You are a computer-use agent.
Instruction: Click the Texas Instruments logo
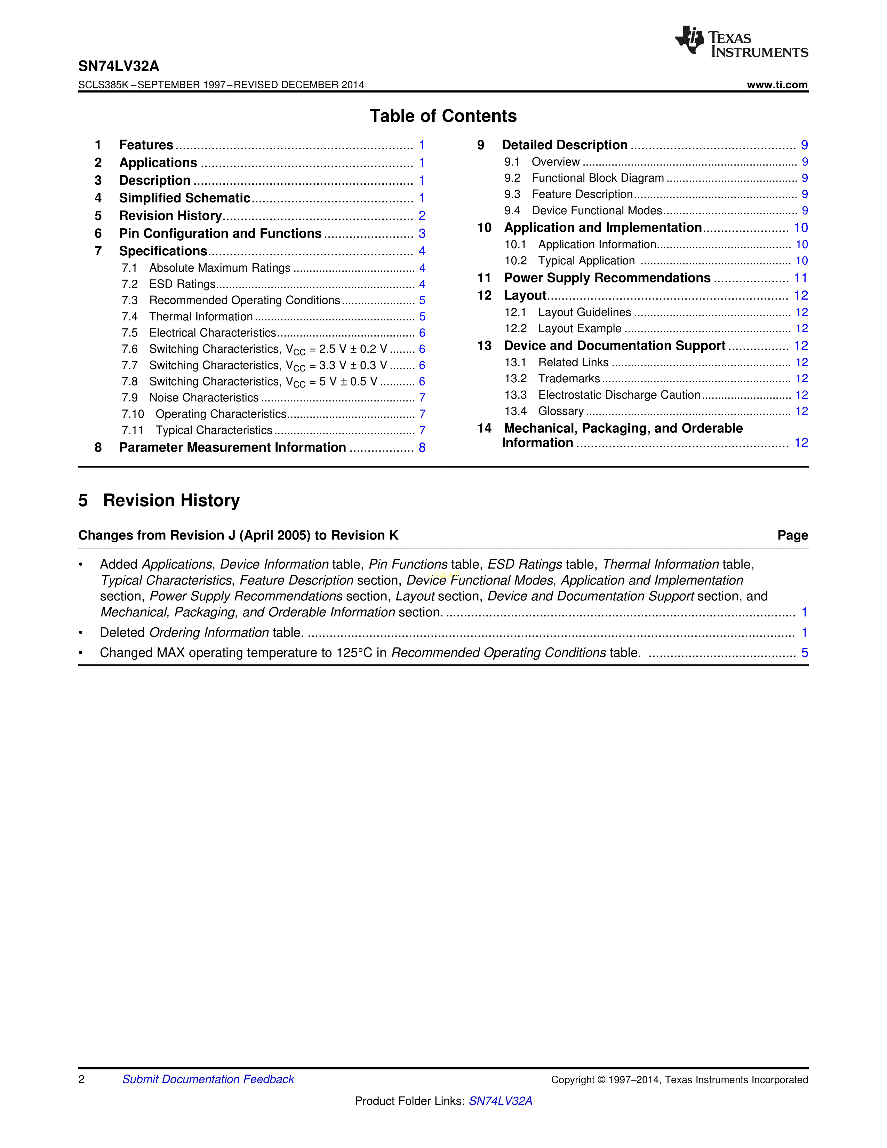(741, 41)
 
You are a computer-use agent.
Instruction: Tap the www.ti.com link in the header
(777, 85)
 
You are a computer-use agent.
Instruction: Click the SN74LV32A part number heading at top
(119, 66)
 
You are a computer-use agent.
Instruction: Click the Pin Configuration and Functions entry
(220, 233)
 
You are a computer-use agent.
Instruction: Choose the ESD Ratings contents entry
(182, 284)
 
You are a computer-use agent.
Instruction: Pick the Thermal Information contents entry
(201, 317)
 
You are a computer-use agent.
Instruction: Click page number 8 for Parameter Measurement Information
(422, 447)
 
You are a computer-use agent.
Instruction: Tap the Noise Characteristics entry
(204, 398)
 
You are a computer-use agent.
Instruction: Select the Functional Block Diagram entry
(598, 178)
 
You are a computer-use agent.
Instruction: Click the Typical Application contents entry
(586, 261)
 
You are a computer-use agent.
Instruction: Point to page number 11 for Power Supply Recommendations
(800, 278)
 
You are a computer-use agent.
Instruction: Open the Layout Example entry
(580, 328)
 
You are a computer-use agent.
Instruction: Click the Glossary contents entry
(561, 411)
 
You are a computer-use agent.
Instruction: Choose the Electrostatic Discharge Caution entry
(619, 395)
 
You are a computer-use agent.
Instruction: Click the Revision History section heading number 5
(83, 500)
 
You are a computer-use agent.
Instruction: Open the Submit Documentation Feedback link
(208, 1079)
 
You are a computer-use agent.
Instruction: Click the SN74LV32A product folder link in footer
(500, 1101)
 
